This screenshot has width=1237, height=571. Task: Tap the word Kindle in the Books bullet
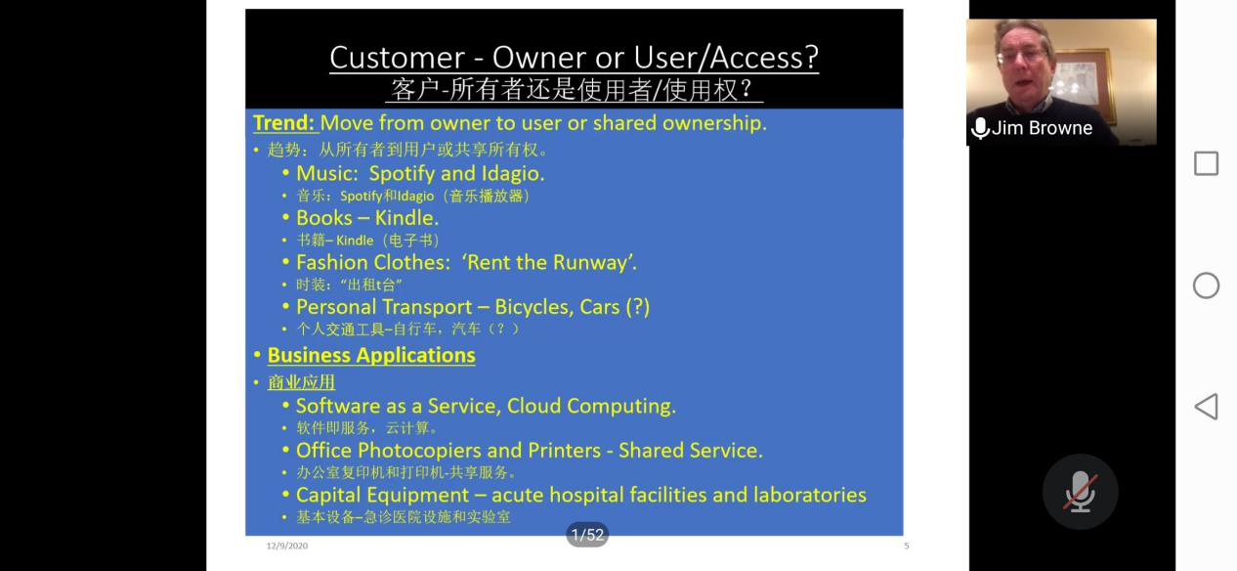tap(406, 218)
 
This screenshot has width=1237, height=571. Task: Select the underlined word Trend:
tap(284, 123)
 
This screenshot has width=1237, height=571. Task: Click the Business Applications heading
tap(371, 356)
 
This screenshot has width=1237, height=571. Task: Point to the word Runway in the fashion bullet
tap(595, 263)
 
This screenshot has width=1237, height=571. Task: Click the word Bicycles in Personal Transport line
tap(534, 307)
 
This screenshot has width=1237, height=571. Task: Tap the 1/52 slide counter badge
tap(587, 535)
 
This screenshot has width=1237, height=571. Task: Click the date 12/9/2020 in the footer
tap(287, 546)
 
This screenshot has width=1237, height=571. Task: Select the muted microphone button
tap(1080, 492)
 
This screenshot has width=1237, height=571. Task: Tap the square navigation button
tap(1206, 163)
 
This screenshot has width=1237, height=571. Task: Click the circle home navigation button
tap(1206, 285)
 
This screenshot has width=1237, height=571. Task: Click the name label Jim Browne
tap(1042, 128)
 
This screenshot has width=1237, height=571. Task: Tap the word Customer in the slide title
tap(397, 58)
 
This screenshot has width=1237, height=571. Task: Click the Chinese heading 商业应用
tap(301, 382)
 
